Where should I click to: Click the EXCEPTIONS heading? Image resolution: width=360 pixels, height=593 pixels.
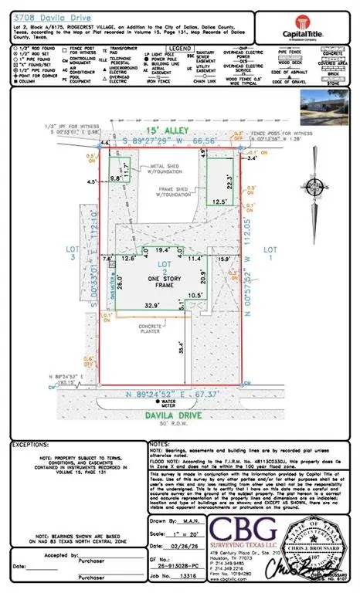pyautogui.click(x=33, y=446)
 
